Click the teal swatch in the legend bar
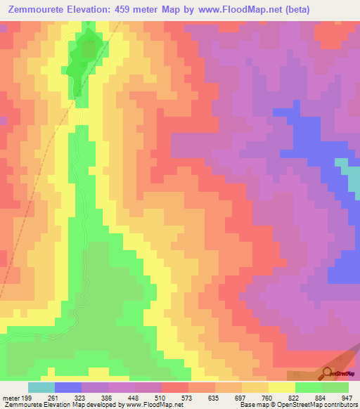tap(41, 387)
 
